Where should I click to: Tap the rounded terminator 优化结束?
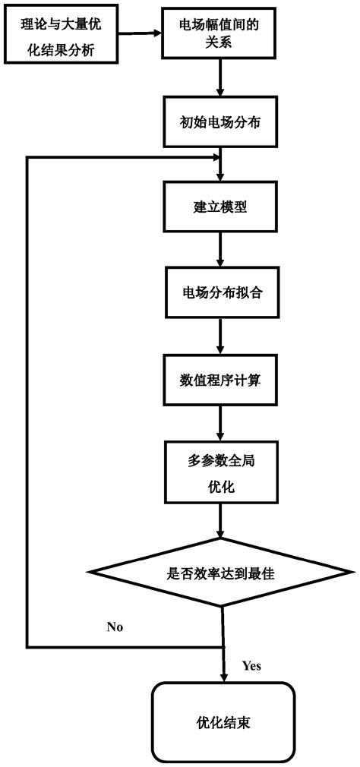pyautogui.click(x=223, y=721)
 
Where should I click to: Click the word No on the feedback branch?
pyautogui.click(x=115, y=627)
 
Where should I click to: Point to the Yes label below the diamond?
pyautogui.click(x=251, y=665)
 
